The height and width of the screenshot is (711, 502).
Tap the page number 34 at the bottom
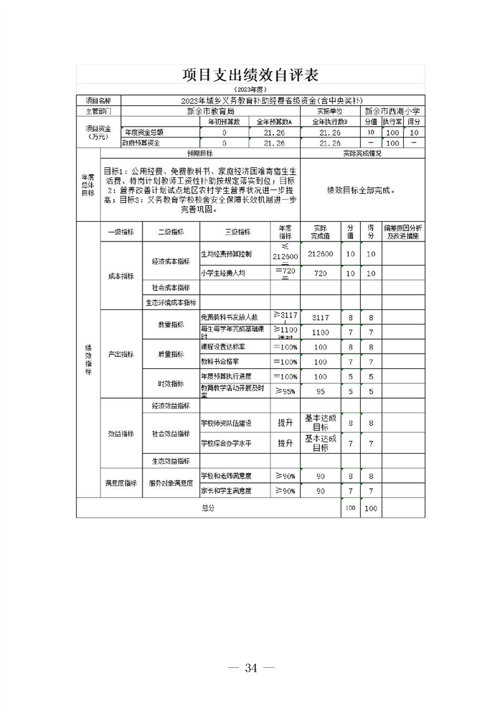(251, 667)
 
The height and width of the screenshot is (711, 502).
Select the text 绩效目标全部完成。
(361, 189)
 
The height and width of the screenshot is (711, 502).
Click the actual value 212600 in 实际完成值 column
(320, 253)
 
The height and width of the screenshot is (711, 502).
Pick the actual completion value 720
(320, 273)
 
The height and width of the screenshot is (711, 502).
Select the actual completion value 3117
(320, 317)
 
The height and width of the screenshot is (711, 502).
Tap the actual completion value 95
(320, 392)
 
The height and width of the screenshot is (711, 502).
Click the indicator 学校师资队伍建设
(226, 423)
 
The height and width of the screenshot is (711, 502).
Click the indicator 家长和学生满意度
(226, 490)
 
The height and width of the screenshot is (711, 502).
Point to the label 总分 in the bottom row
(208, 508)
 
